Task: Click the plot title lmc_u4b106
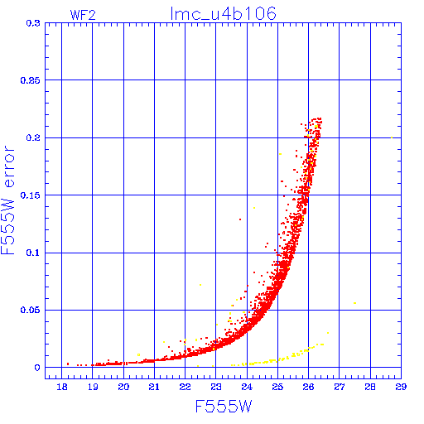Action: (x=223, y=14)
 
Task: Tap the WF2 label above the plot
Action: (x=83, y=15)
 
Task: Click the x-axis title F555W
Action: (x=224, y=407)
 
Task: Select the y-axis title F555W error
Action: (x=7, y=200)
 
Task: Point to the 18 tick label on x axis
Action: (x=62, y=387)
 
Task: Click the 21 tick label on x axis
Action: (x=154, y=387)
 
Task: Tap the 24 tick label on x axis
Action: (x=247, y=387)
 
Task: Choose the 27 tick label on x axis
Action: (x=340, y=387)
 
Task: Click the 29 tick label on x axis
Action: (x=401, y=387)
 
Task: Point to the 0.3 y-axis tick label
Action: (x=33, y=23)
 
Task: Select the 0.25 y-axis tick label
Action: (x=31, y=80)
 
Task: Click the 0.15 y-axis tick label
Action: (x=31, y=195)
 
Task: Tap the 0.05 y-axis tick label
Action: (x=31, y=310)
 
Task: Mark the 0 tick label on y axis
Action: (x=37, y=368)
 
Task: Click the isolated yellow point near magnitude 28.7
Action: (x=392, y=137)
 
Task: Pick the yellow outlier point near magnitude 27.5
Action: (x=355, y=303)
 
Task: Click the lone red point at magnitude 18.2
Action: (x=68, y=364)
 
